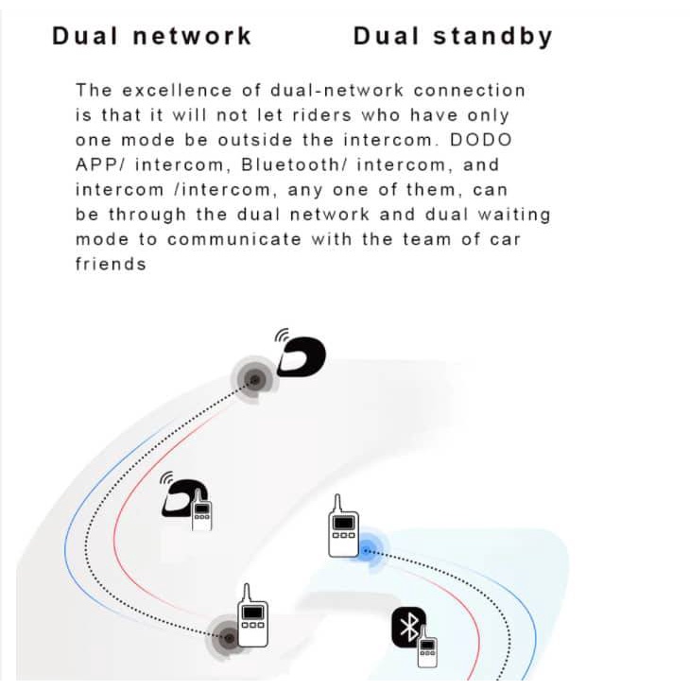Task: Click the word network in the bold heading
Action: tap(192, 37)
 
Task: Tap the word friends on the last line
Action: tap(111, 264)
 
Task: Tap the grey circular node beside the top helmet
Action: tap(253, 380)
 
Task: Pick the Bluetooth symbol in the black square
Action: tap(408, 627)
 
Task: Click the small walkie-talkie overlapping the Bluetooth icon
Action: tap(427, 645)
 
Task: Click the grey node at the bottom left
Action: tap(228, 637)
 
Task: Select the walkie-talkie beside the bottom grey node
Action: tap(253, 616)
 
